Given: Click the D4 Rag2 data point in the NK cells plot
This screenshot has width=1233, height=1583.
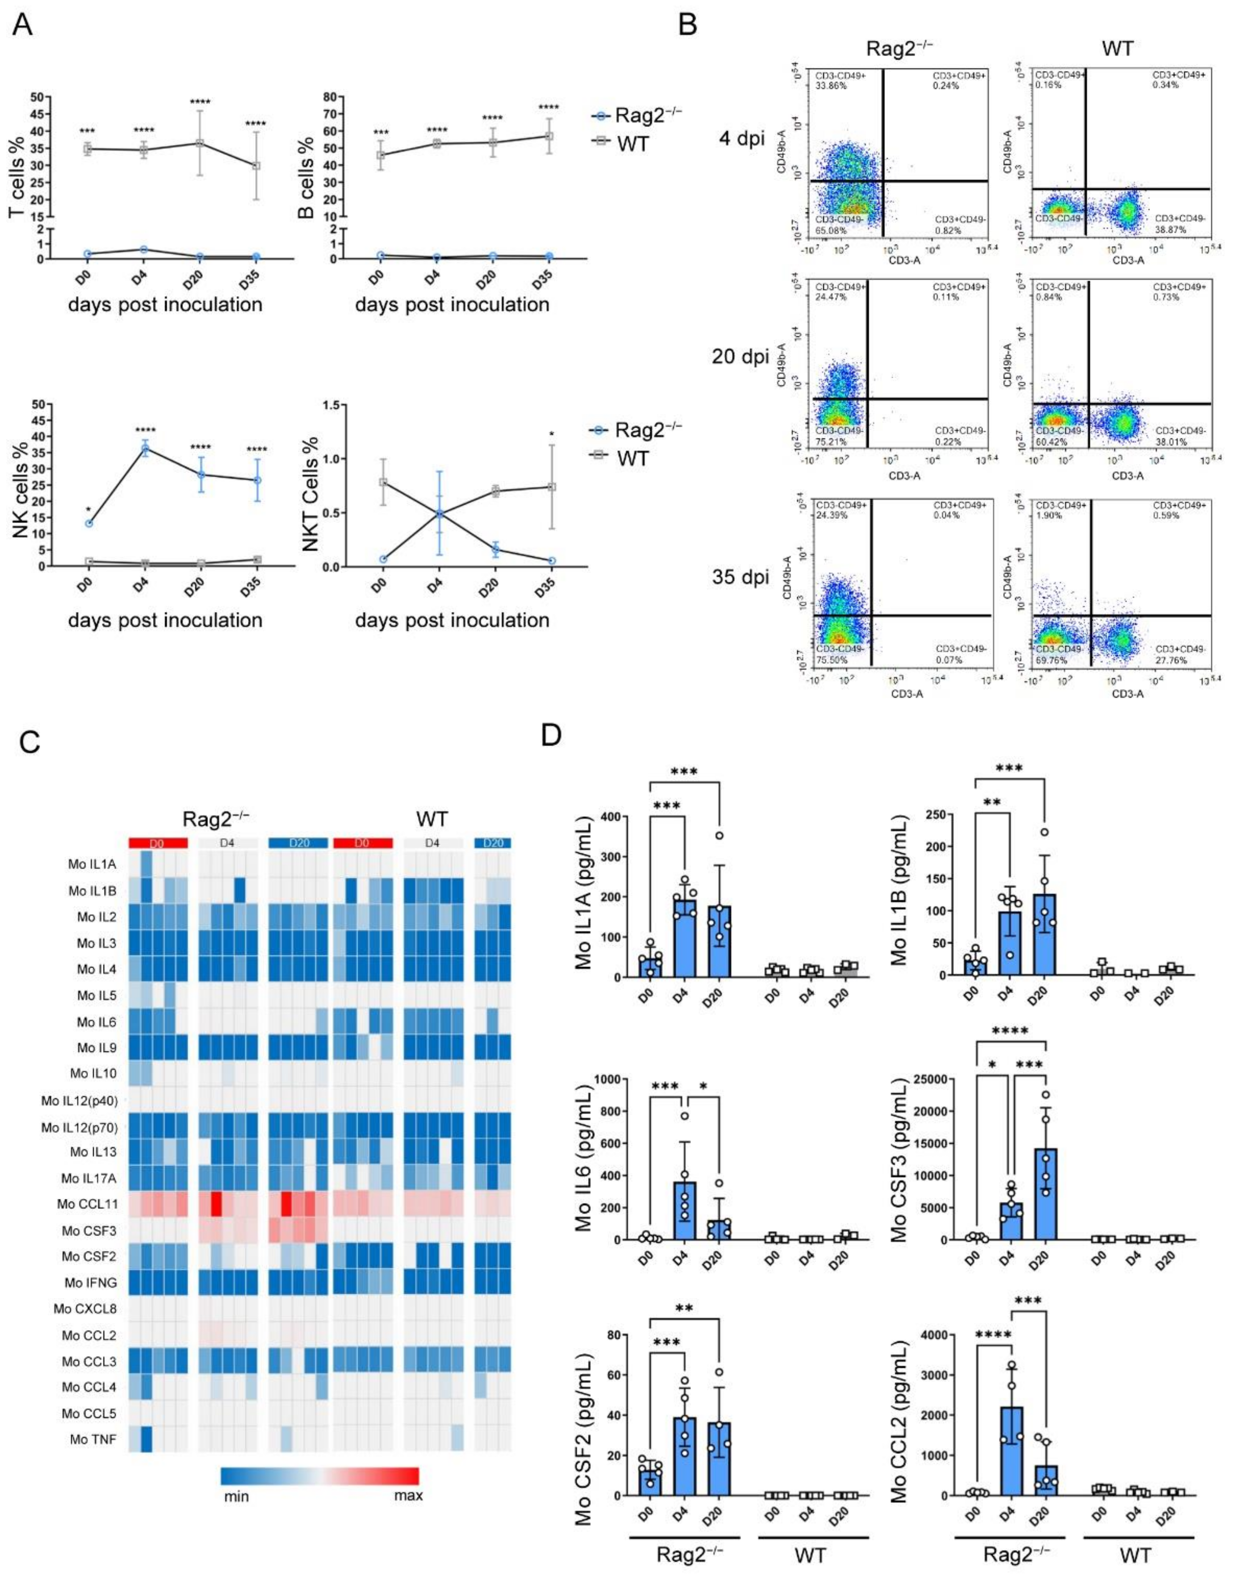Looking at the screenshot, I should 145,449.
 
